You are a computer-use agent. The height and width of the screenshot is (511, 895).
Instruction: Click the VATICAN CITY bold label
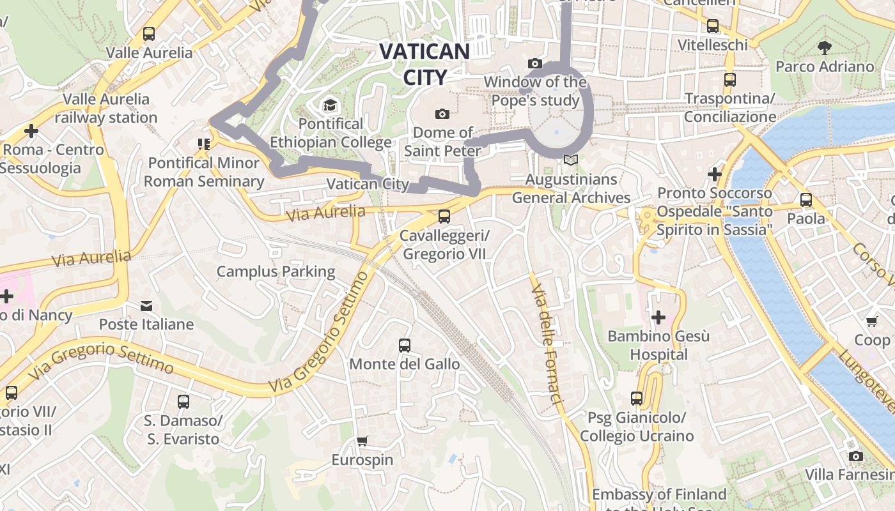tap(424, 64)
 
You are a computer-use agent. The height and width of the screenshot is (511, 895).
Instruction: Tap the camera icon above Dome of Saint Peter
tap(442, 114)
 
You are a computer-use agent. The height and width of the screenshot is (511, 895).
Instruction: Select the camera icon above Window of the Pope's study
tap(535, 63)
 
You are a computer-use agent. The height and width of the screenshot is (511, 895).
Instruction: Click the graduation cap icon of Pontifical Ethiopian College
tap(330, 105)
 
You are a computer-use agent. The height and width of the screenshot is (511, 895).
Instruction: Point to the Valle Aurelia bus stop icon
tap(149, 34)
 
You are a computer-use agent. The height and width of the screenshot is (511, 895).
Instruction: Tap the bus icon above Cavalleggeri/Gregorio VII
tap(444, 217)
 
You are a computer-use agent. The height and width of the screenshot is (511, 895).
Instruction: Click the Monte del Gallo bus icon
tap(405, 346)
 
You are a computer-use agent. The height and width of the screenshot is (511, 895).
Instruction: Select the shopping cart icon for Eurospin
tap(362, 441)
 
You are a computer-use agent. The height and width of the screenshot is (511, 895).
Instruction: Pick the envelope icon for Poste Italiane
tap(146, 306)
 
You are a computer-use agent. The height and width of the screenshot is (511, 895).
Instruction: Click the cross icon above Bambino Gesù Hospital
tap(658, 317)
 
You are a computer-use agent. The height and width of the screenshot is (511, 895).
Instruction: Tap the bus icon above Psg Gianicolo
tap(637, 399)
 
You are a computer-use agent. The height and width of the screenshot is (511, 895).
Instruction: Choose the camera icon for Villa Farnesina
tap(856, 456)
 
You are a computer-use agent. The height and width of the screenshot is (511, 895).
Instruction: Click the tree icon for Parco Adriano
tap(825, 47)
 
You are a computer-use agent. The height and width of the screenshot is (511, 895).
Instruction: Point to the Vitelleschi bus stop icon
tap(713, 26)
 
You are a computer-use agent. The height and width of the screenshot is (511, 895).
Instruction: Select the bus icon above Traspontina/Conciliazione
tap(730, 80)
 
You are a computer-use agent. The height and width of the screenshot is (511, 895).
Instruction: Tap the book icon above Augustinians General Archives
tap(571, 160)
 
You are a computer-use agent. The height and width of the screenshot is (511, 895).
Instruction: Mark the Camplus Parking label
tap(276, 271)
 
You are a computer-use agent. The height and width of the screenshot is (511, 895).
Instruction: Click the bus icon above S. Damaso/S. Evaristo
tap(183, 402)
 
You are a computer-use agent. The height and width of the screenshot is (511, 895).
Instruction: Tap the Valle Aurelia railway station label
tap(106, 109)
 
